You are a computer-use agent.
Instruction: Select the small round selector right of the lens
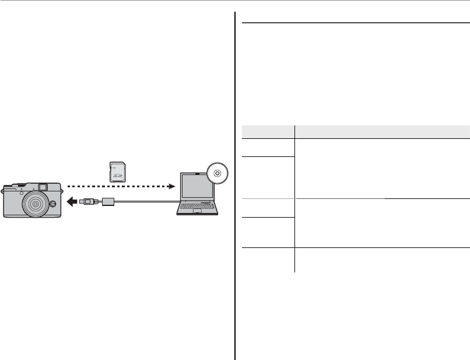(x=52, y=204)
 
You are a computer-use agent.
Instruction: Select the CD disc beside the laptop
(x=218, y=173)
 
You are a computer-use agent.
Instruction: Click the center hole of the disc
(x=218, y=173)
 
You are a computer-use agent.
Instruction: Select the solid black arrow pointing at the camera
(x=72, y=202)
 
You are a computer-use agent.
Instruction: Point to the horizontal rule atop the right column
(x=355, y=24)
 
